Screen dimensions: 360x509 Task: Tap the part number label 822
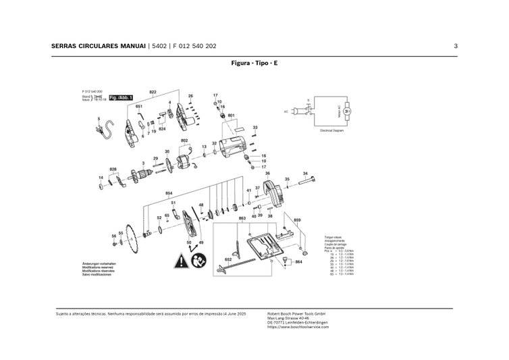[x=153, y=91]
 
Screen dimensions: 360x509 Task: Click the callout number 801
[x=232, y=115]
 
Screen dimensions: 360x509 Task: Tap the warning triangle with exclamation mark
[x=181, y=259]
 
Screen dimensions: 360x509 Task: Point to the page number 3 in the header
[x=456, y=46]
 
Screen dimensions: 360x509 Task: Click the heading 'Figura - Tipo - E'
[x=254, y=62]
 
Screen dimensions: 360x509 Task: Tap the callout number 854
[x=169, y=193]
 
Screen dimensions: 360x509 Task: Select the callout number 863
[x=242, y=220]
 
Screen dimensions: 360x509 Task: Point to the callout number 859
[x=297, y=220]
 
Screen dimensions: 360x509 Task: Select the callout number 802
[x=184, y=140]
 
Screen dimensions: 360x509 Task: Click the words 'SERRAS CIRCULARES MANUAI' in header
[x=98, y=46]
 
